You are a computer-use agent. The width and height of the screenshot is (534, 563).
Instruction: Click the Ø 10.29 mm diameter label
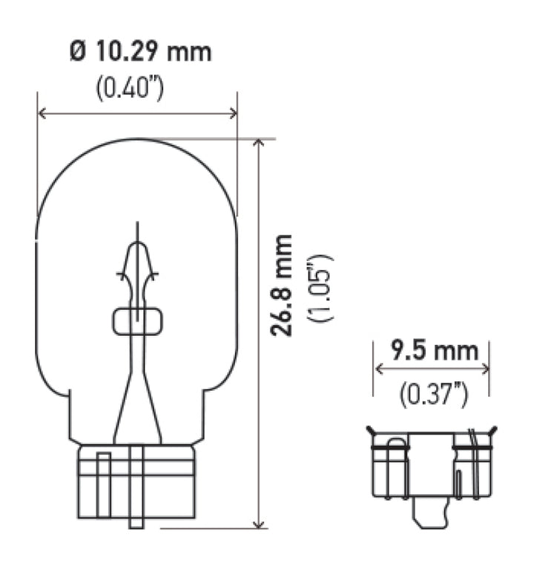[x=139, y=52]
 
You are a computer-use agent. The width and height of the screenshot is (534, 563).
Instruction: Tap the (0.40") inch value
[x=130, y=88]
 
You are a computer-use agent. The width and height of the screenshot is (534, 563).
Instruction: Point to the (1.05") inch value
[x=323, y=288]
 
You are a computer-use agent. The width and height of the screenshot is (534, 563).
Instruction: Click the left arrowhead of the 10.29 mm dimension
[x=41, y=113]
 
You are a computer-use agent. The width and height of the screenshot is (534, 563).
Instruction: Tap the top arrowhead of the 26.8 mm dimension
[x=258, y=143]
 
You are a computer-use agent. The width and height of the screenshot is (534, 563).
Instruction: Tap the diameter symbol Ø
[x=78, y=52]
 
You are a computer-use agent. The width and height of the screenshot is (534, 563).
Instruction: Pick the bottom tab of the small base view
[x=432, y=516]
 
